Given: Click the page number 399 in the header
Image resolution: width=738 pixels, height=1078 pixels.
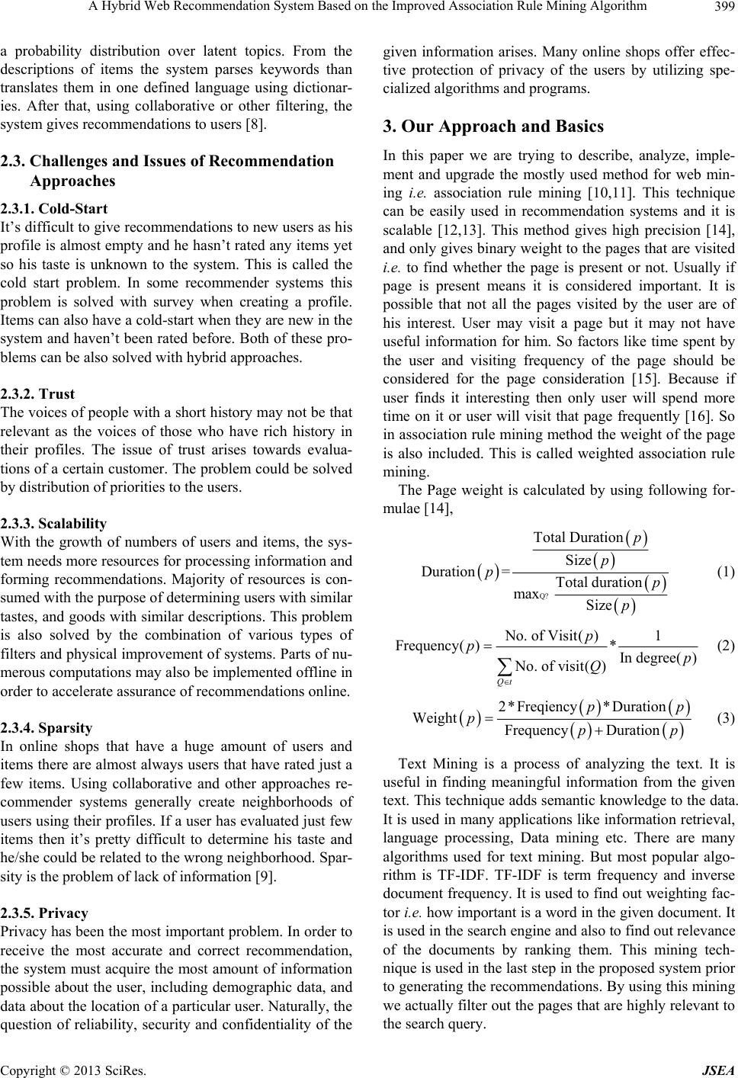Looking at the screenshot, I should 724,8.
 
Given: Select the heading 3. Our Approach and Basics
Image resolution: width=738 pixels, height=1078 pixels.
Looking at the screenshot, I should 493,126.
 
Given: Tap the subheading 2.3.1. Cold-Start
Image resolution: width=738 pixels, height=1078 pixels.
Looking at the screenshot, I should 53,208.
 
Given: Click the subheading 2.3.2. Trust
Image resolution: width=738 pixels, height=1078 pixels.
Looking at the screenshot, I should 37,394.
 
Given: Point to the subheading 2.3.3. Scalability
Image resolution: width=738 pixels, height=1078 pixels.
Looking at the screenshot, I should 53,524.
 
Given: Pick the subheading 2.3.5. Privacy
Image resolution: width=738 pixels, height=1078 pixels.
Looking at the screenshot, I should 44,913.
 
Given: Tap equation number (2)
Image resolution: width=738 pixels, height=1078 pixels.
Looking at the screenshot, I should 724,646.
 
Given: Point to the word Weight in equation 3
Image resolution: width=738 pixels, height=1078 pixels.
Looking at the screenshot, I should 434,718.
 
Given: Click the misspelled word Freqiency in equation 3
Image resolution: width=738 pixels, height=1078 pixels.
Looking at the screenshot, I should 546,707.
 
